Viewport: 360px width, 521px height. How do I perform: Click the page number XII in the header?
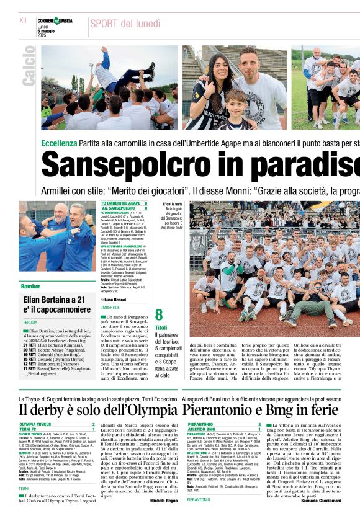pyautogui.click(x=23, y=20)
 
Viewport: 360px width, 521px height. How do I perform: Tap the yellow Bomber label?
pyautogui.click(x=31, y=287)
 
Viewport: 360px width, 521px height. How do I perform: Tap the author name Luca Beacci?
pyautogui.click(x=116, y=300)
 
